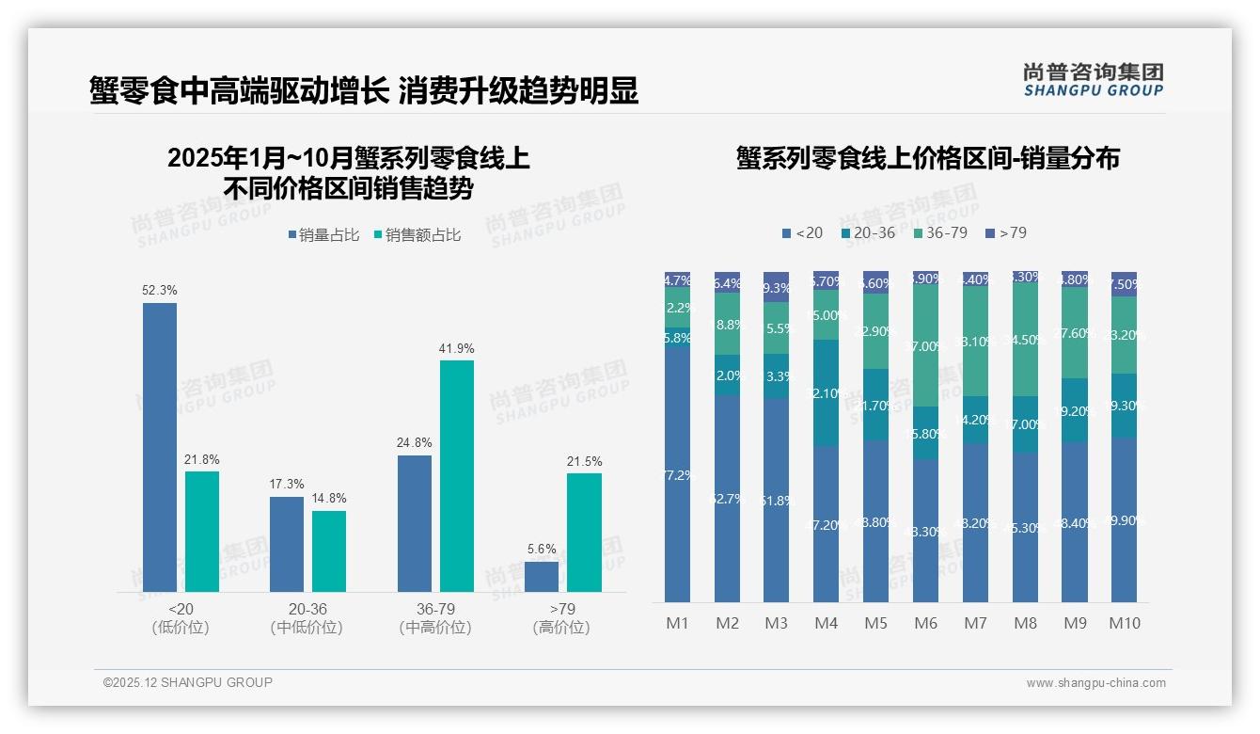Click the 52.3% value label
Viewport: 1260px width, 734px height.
pyautogui.click(x=160, y=291)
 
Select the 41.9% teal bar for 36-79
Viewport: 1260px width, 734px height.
pyautogui.click(x=457, y=475)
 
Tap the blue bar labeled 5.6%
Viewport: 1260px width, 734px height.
pyautogui.click(x=542, y=576)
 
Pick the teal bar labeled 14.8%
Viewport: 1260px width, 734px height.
pyautogui.click(x=329, y=550)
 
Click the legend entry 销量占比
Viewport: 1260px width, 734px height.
pyautogui.click(x=323, y=235)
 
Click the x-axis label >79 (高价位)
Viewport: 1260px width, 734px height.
pyautogui.click(x=562, y=618)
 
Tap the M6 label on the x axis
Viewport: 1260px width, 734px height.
pyautogui.click(x=926, y=623)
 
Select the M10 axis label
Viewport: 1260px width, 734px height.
pyautogui.click(x=1124, y=623)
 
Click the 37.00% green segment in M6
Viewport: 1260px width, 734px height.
pyautogui.click(x=926, y=346)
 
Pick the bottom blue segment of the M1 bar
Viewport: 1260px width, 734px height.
pyautogui.click(x=678, y=474)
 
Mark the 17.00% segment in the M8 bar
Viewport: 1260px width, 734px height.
pyautogui.click(x=1025, y=424)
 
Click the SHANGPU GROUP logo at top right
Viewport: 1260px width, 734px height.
pyautogui.click(x=1093, y=80)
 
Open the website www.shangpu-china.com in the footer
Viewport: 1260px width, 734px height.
pyautogui.click(x=1095, y=683)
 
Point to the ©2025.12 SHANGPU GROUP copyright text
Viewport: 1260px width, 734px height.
pyautogui.click(x=188, y=682)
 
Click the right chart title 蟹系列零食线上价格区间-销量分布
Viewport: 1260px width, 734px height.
pyautogui.click(x=927, y=159)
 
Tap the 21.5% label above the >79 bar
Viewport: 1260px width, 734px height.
pyautogui.click(x=584, y=462)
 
